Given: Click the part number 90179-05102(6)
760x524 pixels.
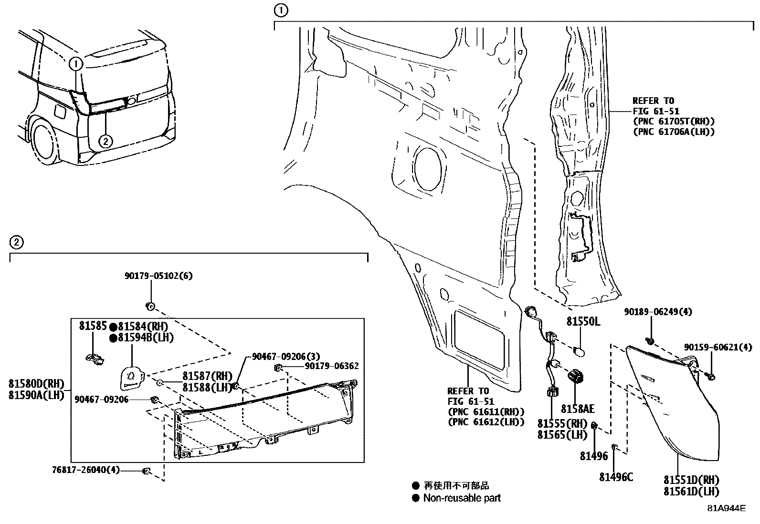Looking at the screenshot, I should (159, 276).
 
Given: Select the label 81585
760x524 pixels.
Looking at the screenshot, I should (93, 326).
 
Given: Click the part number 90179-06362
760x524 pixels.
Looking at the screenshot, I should (332, 366).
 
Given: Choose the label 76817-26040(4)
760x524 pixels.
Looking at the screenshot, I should (86, 470).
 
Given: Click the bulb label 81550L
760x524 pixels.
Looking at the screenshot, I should (583, 322).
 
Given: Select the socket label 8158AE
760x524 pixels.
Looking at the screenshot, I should (577, 409).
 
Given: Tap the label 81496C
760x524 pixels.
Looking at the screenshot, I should (616, 477).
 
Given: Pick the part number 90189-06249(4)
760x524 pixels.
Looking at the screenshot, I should (658, 312).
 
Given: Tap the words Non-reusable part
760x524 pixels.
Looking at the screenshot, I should (462, 498).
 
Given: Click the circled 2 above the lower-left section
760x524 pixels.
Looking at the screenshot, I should (16, 242).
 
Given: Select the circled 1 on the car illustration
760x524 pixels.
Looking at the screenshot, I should (76, 63).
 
